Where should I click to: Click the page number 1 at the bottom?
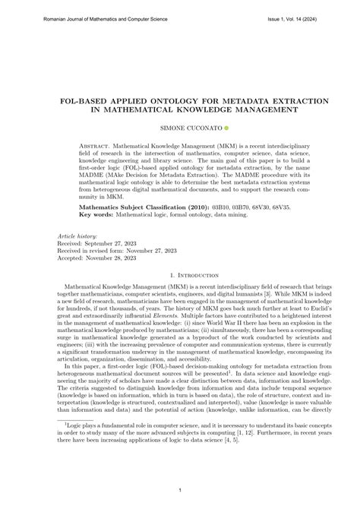(180, 491)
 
